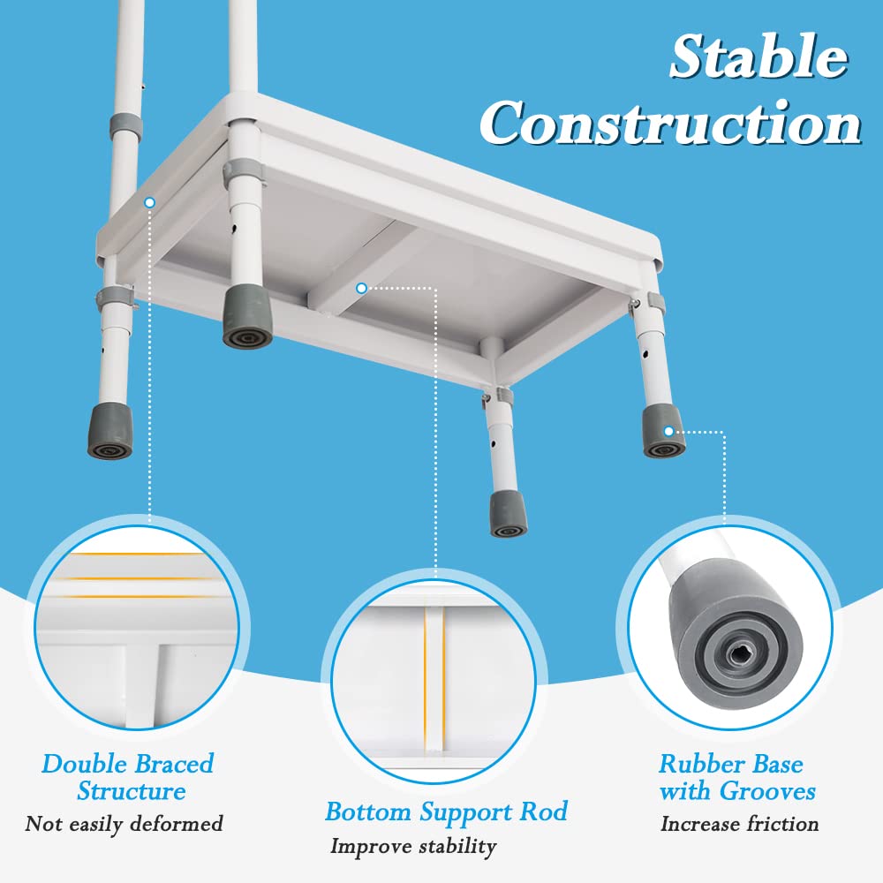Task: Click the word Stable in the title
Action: (x=758, y=58)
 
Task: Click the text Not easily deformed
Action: (x=124, y=825)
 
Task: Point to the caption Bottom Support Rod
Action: (x=446, y=811)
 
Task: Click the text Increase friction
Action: (x=739, y=825)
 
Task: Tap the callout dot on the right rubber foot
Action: (x=668, y=430)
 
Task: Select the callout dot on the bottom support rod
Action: (x=361, y=288)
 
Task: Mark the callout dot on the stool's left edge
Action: (x=149, y=202)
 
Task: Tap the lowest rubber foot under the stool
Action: (x=508, y=515)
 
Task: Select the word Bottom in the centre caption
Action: (x=369, y=811)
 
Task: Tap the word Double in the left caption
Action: (x=85, y=764)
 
